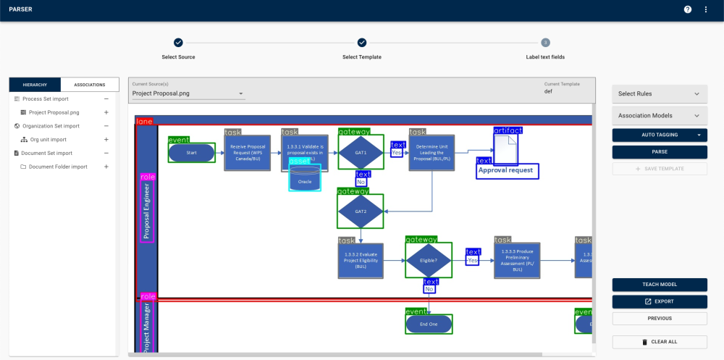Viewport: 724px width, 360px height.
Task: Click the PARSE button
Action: coord(660,151)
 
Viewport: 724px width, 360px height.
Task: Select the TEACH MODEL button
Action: coord(660,285)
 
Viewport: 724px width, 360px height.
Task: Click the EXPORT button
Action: coord(660,301)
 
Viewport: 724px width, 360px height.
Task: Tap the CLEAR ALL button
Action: coord(660,342)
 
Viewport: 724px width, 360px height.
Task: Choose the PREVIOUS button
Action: coord(660,318)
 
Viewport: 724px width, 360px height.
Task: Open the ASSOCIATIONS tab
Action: coord(90,85)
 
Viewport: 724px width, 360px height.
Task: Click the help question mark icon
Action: coord(688,9)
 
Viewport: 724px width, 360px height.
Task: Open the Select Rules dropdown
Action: coord(660,93)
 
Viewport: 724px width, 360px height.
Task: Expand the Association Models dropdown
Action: coord(660,115)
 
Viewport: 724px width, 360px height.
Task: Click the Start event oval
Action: coord(192,153)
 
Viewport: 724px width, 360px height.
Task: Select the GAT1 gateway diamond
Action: coord(361,153)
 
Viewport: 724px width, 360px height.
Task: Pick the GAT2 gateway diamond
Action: coord(361,212)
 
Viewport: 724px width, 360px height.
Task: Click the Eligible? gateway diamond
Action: coord(428,260)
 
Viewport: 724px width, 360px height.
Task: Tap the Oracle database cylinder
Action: coord(305,178)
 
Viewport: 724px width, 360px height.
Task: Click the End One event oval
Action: coord(429,324)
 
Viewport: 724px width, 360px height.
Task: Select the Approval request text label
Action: coord(506,170)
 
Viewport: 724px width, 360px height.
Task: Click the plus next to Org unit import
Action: coord(106,139)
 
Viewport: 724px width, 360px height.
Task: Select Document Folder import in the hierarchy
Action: coord(58,167)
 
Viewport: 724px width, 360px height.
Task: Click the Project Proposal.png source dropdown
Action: coord(188,93)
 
